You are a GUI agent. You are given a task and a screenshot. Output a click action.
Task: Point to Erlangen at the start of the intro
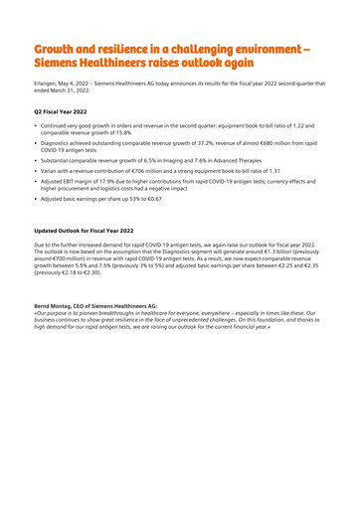(x=49, y=86)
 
